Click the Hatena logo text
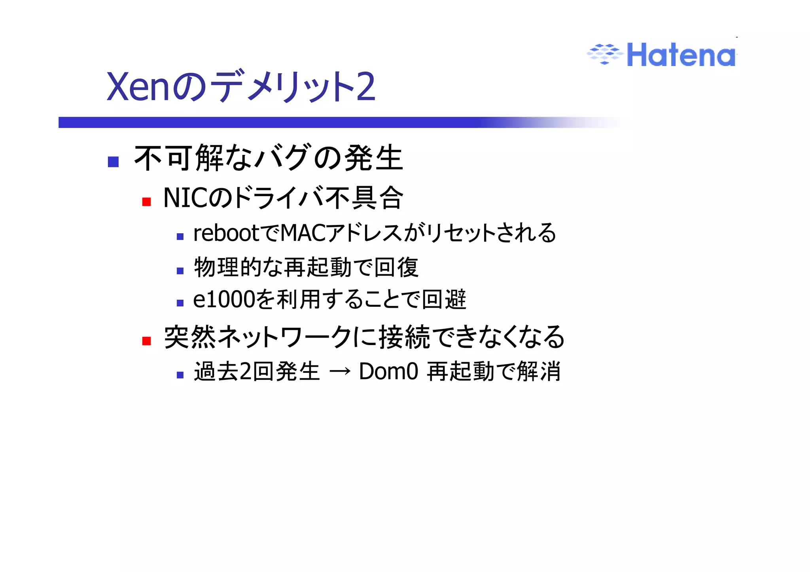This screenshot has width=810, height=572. point(681,55)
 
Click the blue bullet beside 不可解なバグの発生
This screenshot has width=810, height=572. point(113,161)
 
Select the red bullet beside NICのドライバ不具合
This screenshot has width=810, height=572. point(147,202)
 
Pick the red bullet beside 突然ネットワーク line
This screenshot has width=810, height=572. point(147,340)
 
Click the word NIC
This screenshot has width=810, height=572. point(184,198)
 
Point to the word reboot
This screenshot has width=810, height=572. point(226,233)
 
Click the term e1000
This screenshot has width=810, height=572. point(223,299)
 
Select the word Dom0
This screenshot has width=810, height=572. point(388,372)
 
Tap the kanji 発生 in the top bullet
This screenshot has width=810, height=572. point(374,158)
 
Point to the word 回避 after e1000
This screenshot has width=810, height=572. point(444,299)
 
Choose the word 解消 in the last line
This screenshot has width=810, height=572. point(539,372)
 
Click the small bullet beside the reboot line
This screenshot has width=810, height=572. point(180,236)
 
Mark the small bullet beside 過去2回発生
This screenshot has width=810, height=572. point(180,375)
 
